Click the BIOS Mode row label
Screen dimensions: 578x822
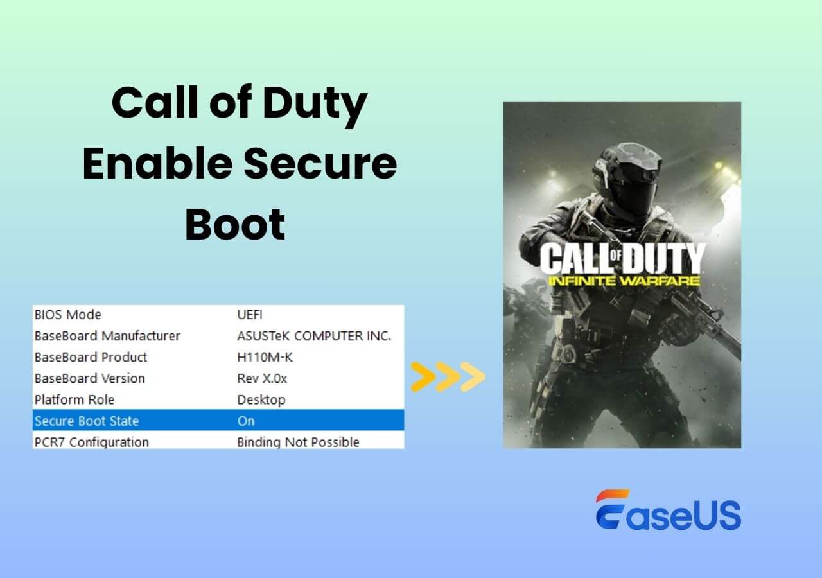(x=67, y=315)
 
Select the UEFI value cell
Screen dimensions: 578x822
(x=250, y=315)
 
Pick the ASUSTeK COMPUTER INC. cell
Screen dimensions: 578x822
(x=314, y=336)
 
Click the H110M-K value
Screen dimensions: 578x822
(x=265, y=357)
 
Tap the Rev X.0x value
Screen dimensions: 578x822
(x=262, y=378)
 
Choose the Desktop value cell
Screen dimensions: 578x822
(x=261, y=399)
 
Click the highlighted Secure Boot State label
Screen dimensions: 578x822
(x=87, y=421)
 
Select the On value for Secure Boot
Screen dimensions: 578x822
(x=246, y=421)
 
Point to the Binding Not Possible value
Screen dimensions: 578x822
(x=298, y=442)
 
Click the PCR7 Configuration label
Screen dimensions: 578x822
(x=92, y=442)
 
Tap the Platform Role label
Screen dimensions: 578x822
(x=74, y=399)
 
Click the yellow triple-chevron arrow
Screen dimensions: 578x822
(x=448, y=377)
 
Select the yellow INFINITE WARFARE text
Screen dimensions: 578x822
(x=622, y=281)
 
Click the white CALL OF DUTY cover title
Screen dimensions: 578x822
(x=622, y=258)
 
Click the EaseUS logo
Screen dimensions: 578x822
(x=668, y=511)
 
